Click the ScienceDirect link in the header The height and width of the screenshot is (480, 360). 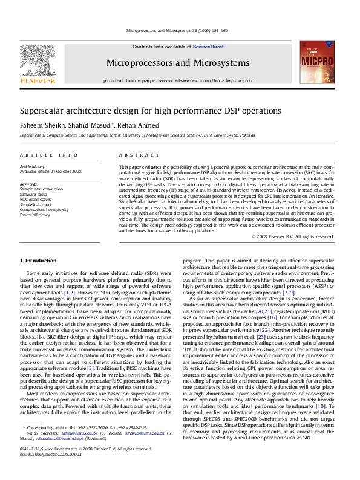(x=208, y=47)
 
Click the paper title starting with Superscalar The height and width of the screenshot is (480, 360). (x=142, y=111)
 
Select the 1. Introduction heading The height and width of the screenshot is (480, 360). (x=39, y=261)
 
